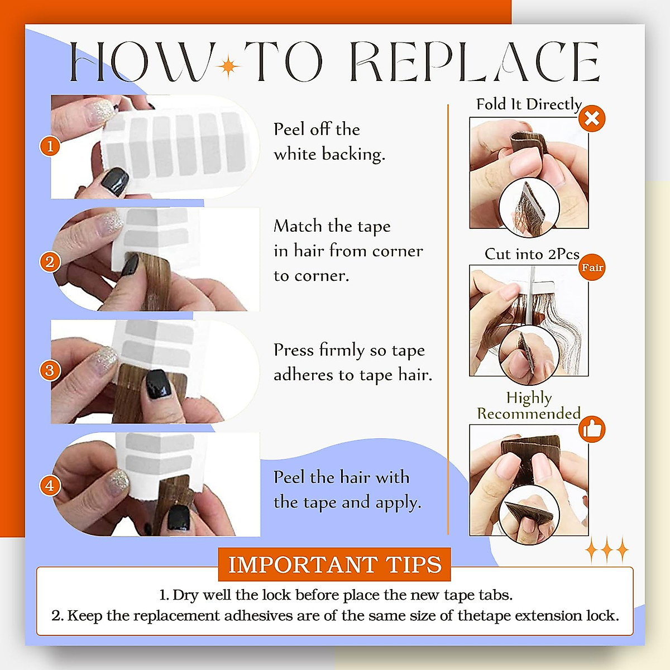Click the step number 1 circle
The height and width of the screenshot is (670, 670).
[50, 146]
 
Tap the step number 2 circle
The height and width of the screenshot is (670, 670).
[50, 262]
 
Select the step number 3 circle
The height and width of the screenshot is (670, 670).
[50, 370]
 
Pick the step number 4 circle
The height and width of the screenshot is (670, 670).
[50, 486]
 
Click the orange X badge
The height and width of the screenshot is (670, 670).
[592, 118]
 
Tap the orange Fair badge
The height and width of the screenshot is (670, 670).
[592, 267]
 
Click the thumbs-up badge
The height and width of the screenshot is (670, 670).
[592, 429]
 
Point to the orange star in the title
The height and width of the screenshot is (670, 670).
[228, 66]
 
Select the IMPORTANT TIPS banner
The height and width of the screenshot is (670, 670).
[334, 564]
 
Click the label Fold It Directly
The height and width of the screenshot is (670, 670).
[529, 104]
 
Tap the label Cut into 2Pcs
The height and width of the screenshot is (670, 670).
[532, 254]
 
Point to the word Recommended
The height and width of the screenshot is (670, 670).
[529, 413]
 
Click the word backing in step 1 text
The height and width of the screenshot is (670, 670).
[353, 154]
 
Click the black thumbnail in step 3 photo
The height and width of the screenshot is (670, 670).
[159, 384]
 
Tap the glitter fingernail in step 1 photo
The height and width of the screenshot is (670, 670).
[101, 111]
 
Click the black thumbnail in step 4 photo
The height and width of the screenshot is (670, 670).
[179, 518]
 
